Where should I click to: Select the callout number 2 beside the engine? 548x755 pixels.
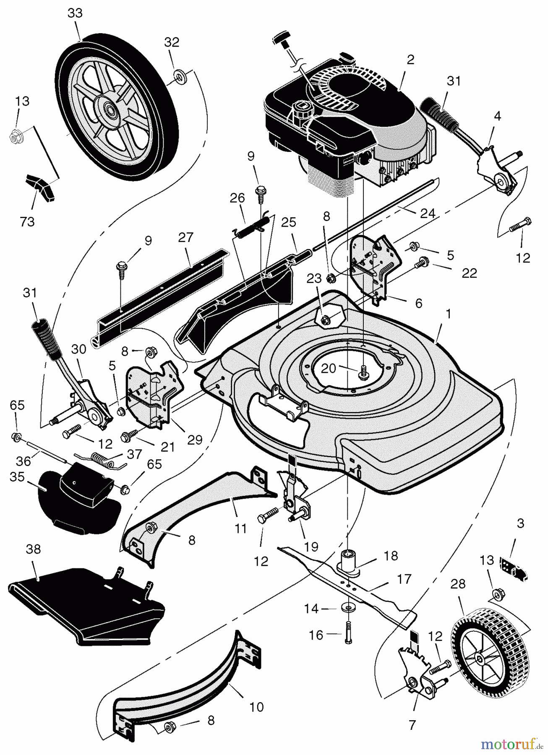[410, 60]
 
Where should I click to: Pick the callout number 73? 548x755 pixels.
[27, 221]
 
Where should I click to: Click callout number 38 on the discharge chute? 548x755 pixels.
[33, 549]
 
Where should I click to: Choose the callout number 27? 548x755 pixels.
[185, 237]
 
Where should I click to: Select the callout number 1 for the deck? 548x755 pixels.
[448, 315]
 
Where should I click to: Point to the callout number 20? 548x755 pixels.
[329, 368]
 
